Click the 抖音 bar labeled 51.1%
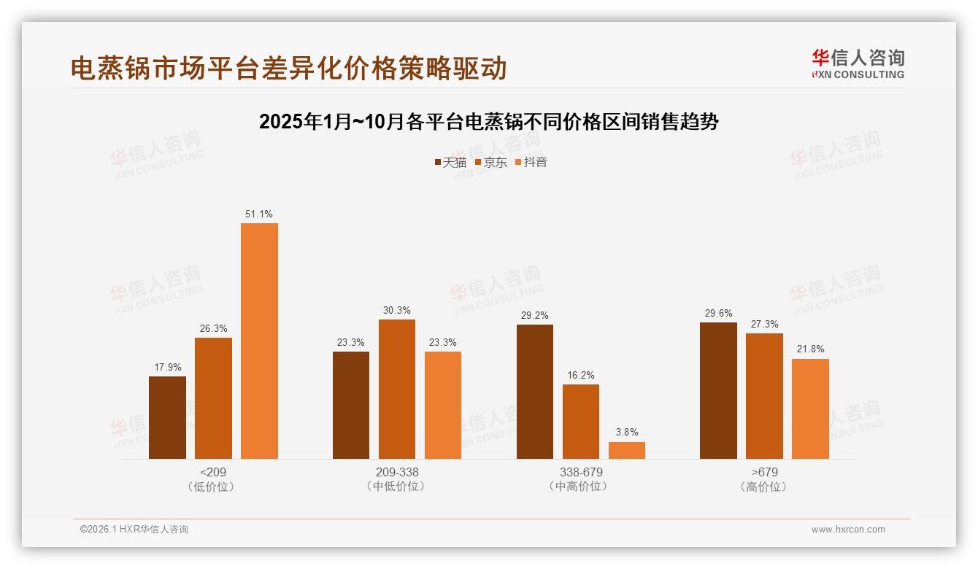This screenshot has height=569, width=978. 259,341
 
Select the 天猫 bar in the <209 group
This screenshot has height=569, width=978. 167,417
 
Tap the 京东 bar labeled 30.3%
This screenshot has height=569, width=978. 396,389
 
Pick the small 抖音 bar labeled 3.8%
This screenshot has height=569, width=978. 626,450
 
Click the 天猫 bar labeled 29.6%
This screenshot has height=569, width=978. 718,390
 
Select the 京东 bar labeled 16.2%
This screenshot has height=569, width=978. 580,422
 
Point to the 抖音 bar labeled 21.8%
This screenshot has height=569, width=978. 810,409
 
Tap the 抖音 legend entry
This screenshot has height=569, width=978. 531,162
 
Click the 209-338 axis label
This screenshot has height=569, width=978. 397,473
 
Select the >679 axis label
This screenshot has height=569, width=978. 764,473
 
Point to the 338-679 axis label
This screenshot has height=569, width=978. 580,473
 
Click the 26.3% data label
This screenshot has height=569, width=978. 213,328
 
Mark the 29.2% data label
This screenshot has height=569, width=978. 535,315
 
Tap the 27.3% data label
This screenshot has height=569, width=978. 764,324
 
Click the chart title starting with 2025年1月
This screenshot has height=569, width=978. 489,122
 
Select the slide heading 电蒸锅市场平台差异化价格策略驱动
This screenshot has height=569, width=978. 288,68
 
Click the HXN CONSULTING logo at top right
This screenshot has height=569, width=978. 858,64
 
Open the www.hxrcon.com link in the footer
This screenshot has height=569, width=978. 848,530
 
